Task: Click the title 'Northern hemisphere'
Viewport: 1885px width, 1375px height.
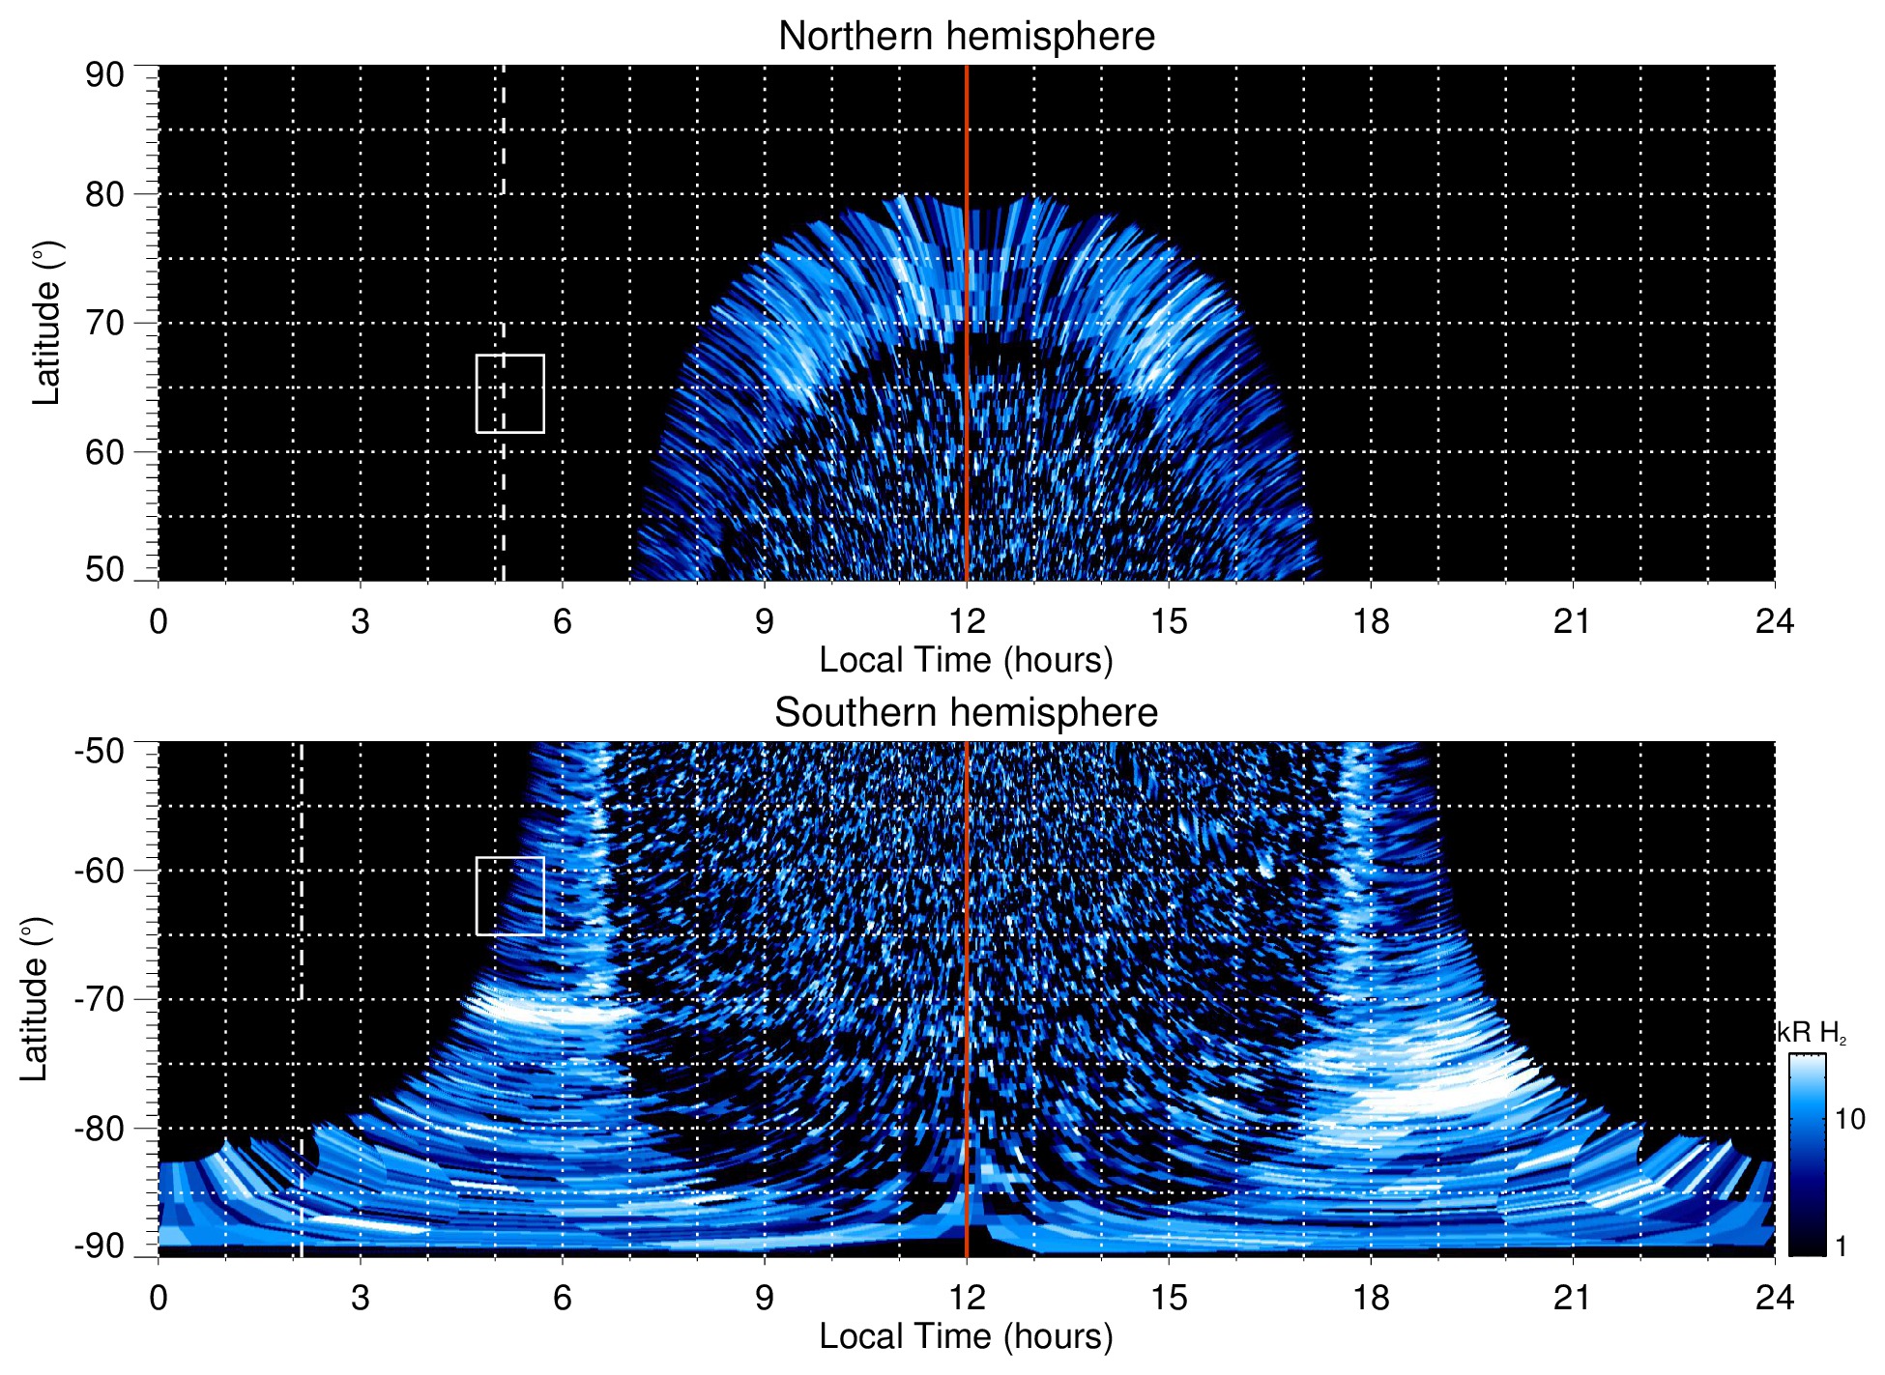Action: coord(966,37)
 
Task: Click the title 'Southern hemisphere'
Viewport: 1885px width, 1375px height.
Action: coord(966,713)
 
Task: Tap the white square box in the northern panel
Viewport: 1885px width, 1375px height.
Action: coord(509,394)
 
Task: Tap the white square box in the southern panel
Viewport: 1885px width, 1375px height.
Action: coord(509,896)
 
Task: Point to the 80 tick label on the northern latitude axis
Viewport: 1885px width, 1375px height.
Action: coord(104,194)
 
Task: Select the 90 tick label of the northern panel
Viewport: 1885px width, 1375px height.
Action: coord(104,75)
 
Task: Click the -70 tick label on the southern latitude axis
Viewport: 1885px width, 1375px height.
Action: coord(100,999)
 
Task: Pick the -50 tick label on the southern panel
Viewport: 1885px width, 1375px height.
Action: coord(100,751)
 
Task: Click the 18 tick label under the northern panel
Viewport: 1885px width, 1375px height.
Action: coord(1371,621)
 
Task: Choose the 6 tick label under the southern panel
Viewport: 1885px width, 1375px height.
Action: coord(563,1298)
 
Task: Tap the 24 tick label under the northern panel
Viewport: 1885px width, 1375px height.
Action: coord(1774,621)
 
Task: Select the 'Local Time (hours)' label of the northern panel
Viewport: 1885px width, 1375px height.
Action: coord(966,660)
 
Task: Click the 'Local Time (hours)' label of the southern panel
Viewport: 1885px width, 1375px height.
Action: coord(966,1336)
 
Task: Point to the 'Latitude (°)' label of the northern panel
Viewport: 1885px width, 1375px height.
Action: coord(46,323)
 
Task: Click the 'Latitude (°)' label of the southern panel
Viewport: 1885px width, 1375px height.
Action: coord(35,999)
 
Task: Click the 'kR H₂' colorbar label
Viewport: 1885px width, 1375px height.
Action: coord(1812,1033)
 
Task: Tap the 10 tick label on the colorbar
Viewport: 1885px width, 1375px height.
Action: coord(1849,1119)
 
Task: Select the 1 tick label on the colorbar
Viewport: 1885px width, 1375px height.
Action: coord(1841,1246)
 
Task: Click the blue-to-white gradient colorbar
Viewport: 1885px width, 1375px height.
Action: coord(1807,1155)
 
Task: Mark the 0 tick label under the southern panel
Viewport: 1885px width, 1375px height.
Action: coord(159,1298)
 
